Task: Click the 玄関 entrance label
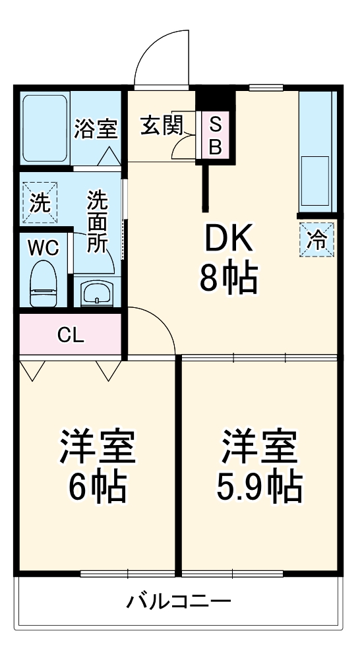point(161,125)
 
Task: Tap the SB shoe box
point(215,135)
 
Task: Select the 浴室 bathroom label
point(96,129)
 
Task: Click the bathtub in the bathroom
point(45,128)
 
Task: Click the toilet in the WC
point(44,284)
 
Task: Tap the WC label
point(44,248)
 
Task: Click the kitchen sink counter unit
point(317,152)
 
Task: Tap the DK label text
point(227,241)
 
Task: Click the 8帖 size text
point(228,279)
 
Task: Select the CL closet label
point(71,335)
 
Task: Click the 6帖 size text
point(98,487)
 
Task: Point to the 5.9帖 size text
point(259,487)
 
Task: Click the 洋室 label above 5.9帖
point(259,448)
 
